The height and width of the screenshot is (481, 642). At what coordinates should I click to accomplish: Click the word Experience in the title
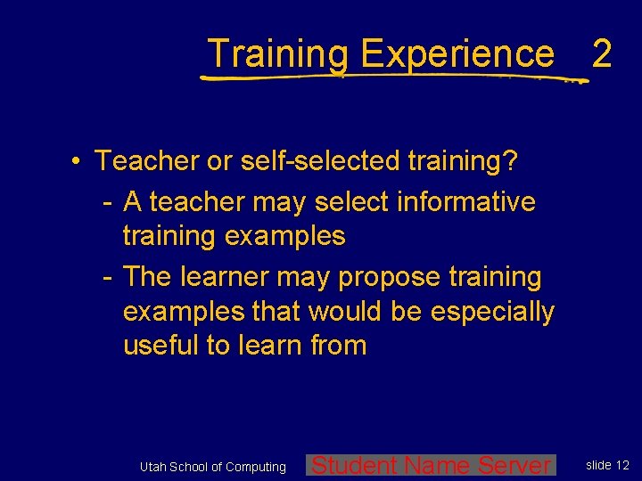point(457,54)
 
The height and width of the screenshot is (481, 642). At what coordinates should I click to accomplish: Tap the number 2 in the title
point(602,54)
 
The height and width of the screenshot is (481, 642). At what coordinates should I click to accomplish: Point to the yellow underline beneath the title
point(392,77)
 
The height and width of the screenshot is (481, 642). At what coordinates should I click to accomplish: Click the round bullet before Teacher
point(78,161)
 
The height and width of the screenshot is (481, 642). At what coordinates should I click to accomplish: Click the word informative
point(469,202)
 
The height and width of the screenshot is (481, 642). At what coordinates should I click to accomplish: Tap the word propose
point(382,277)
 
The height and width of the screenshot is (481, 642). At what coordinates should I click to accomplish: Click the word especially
point(492,312)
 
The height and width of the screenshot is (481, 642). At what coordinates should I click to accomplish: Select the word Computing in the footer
point(256,467)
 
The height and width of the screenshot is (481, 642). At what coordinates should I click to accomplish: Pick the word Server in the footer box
point(515,465)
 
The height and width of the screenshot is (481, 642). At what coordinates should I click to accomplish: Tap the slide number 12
point(622,465)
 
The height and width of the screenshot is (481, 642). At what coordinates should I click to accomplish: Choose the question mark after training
point(510,161)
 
